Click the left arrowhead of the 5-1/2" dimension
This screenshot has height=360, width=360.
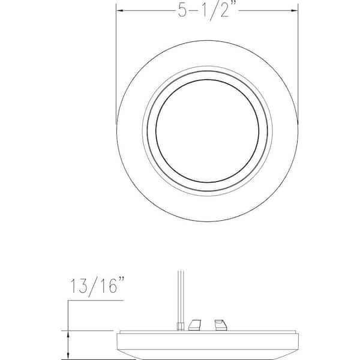(120, 10)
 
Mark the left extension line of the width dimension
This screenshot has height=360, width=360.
(116, 60)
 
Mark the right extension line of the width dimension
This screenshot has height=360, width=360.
(298, 60)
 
